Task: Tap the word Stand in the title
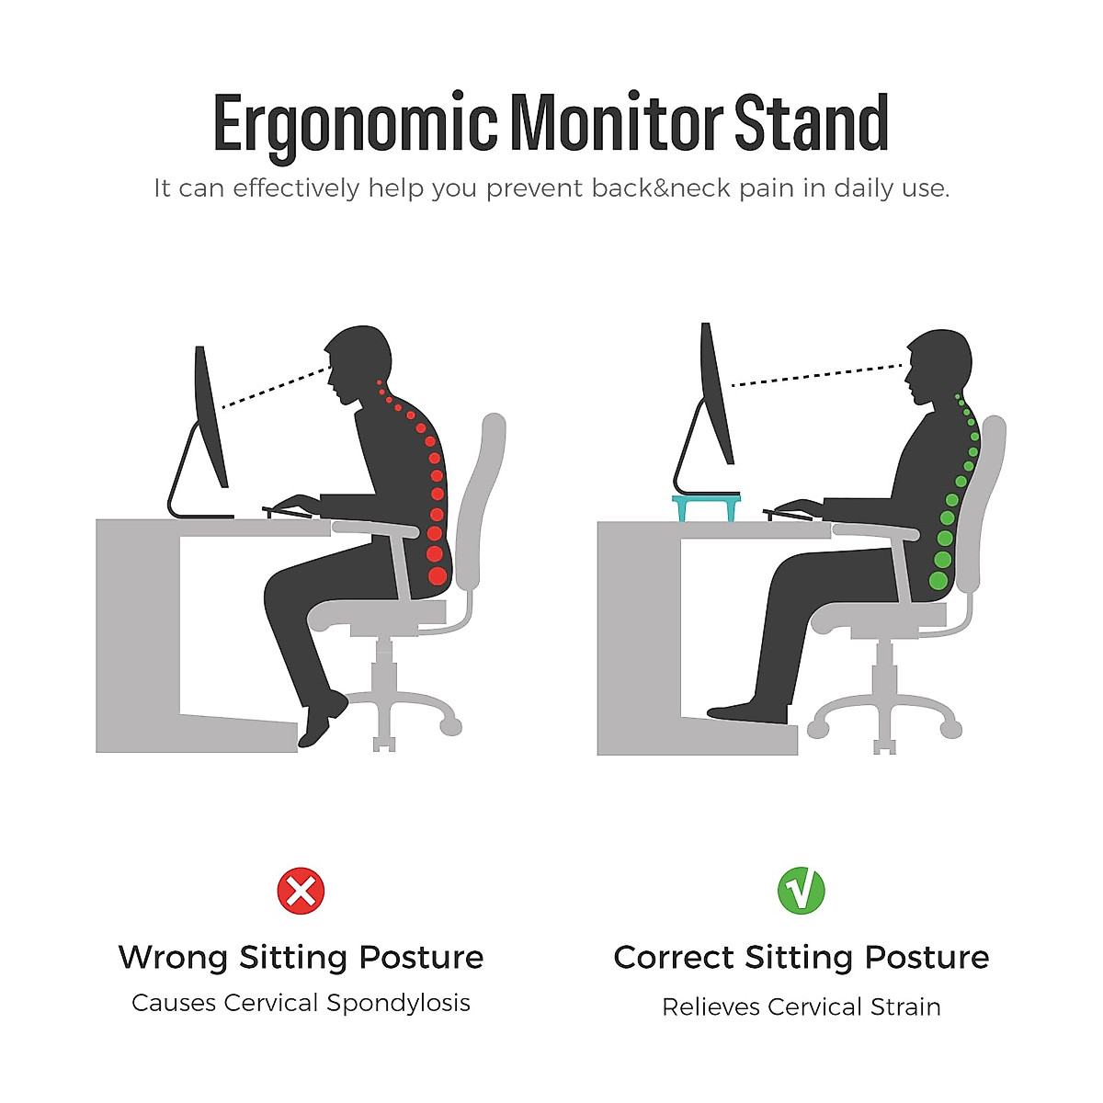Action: [811, 124]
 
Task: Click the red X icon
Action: [301, 891]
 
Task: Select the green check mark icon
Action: [801, 891]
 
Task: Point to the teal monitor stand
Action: [706, 506]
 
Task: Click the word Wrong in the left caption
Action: [173, 958]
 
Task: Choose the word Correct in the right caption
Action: [674, 958]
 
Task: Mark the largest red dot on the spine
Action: [438, 576]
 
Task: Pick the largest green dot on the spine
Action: [938, 580]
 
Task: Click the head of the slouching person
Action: [357, 358]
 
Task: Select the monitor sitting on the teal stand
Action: [716, 395]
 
